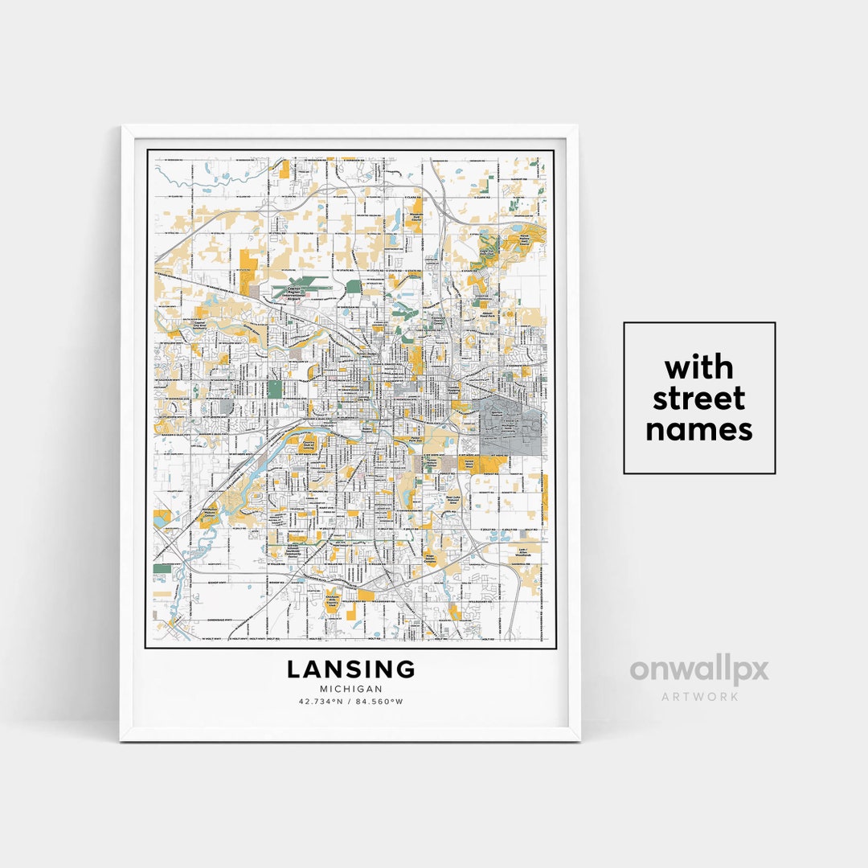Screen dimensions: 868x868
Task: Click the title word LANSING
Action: click(x=351, y=669)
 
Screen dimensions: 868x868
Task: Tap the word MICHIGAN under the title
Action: click(x=351, y=689)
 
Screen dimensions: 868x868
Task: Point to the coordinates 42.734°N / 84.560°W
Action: click(x=351, y=702)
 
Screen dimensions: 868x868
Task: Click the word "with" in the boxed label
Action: click(x=698, y=368)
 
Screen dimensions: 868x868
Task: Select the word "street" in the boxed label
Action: click(x=698, y=399)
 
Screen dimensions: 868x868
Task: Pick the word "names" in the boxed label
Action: click(x=698, y=429)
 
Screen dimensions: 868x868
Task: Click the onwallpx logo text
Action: click(x=698, y=670)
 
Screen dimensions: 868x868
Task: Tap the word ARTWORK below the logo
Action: click(x=698, y=696)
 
